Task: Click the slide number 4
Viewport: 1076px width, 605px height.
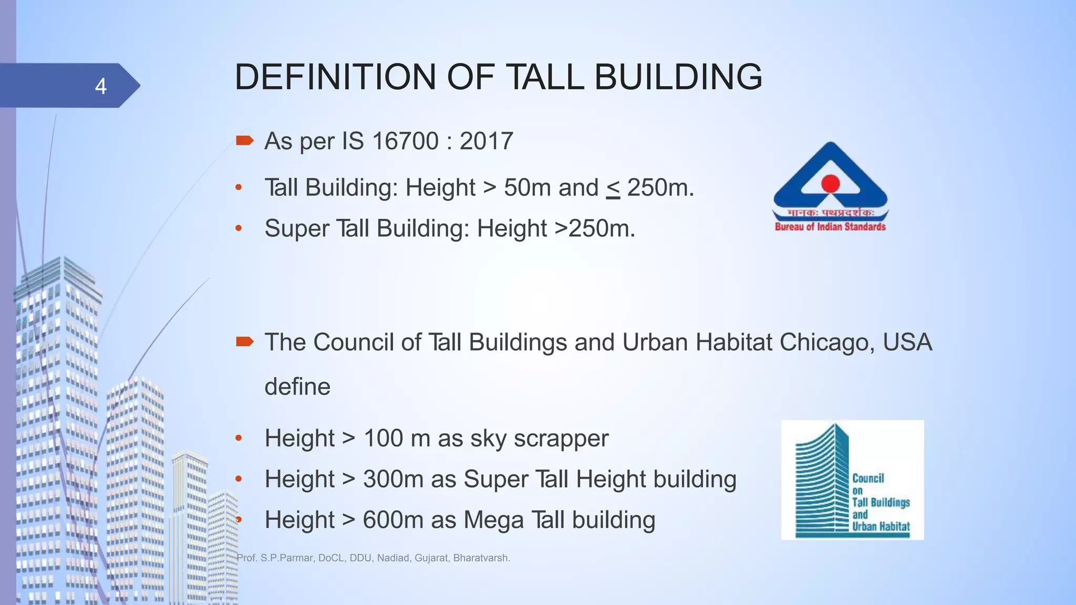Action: (101, 86)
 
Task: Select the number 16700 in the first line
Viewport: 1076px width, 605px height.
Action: (405, 141)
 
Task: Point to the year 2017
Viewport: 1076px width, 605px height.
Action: (486, 141)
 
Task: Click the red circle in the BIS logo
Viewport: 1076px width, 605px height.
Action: (830, 183)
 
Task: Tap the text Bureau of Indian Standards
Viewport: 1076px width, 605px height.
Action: (830, 227)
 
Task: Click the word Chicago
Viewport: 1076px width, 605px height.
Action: (827, 342)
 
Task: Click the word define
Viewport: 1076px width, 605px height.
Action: (297, 387)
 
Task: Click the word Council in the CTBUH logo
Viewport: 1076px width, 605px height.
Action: (868, 478)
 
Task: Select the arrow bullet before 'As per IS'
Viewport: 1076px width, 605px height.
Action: (245, 140)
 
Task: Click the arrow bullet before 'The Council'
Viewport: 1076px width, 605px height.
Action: (245, 342)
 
